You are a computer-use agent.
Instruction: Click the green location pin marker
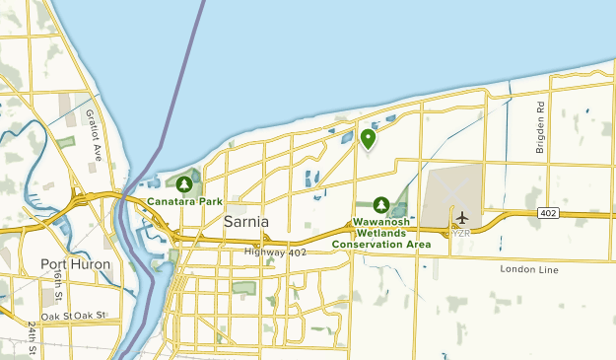[368, 139]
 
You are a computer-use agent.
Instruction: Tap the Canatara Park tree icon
[184, 183]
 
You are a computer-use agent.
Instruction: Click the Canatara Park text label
[184, 201]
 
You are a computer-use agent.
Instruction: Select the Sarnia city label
[246, 222]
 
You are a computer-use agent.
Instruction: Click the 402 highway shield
[549, 213]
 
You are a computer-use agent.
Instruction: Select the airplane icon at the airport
[461, 217]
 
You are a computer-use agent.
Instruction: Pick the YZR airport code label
[461, 233]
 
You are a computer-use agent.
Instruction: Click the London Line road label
[528, 269]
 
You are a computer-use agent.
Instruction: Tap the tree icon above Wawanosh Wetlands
[383, 204]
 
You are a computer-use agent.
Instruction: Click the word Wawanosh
[383, 222]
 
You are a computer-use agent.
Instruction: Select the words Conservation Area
[380, 244]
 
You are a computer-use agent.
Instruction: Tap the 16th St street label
[58, 287]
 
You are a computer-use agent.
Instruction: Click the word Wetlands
[383, 233]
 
